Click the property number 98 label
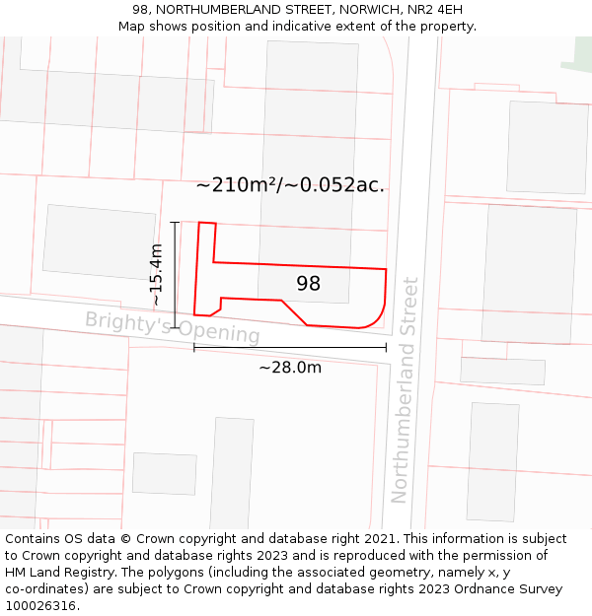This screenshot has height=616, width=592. point(309,284)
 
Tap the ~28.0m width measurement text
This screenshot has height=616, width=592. point(290,368)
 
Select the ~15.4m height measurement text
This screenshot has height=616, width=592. point(156,274)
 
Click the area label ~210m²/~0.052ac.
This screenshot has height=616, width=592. point(290,184)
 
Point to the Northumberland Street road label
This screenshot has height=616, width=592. point(405,389)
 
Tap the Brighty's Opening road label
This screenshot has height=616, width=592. point(172,327)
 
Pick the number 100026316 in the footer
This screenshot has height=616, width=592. point(39,605)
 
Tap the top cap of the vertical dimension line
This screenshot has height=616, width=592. point(175,222)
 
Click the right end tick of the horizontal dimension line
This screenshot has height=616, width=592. point(386,347)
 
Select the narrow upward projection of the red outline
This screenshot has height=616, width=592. point(206,241)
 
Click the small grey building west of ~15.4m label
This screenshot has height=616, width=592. point(99,240)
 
